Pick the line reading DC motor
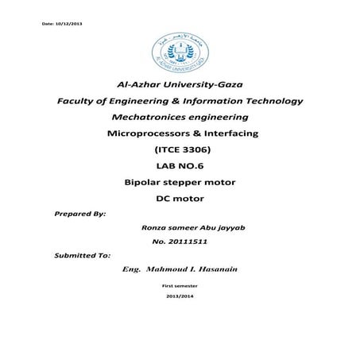[178, 199]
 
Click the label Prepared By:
[79, 213]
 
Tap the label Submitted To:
[83, 256]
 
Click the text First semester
[179, 284]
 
